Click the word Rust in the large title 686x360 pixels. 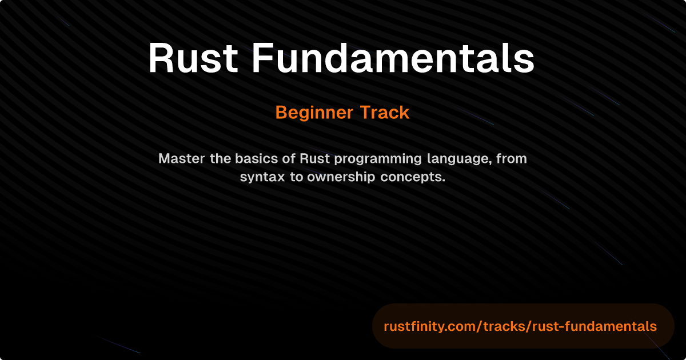(x=193, y=58)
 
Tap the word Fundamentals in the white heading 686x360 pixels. (x=393, y=58)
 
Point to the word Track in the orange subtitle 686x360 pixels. (x=385, y=113)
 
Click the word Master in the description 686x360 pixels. (x=182, y=159)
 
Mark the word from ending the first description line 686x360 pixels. (x=512, y=159)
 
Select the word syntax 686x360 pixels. (x=262, y=178)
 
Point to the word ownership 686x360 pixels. (x=341, y=178)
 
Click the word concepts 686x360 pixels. (x=413, y=178)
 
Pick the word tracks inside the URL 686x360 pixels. (x=505, y=326)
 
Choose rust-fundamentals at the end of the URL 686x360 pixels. (x=595, y=326)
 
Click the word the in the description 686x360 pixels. (x=220, y=159)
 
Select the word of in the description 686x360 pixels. (x=289, y=159)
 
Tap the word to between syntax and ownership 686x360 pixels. (x=296, y=178)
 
